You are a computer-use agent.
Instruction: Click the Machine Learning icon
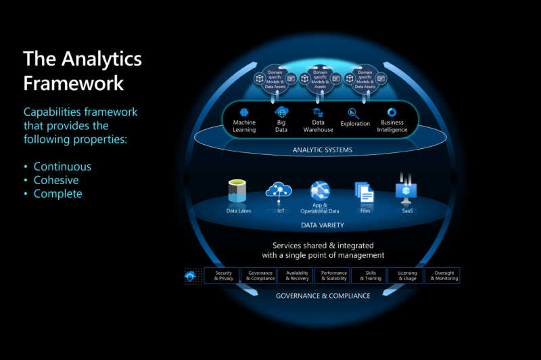coord(245,112)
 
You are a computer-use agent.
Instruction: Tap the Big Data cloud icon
coord(281,112)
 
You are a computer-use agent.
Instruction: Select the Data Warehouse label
coord(319,126)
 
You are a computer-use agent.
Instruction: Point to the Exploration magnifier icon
coord(354,113)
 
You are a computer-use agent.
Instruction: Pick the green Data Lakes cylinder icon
coord(237,192)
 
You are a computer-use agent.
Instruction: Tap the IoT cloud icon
coord(278,190)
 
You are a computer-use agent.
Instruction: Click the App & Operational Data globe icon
coord(319,190)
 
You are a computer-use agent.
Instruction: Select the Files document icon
coord(365,193)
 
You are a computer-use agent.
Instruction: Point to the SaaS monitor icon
coord(406,192)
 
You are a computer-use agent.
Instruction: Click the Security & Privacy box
coord(223,275)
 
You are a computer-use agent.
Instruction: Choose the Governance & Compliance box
coord(260,275)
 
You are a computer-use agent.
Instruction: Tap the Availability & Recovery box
coord(298,275)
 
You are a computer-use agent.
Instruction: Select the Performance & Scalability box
coord(334,275)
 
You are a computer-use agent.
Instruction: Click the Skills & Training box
coord(371,275)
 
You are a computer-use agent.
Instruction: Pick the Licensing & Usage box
coord(407,275)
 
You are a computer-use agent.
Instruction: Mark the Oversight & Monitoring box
coord(444,275)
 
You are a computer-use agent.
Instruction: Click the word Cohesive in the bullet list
coord(56,180)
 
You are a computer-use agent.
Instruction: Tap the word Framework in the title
coord(73,83)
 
